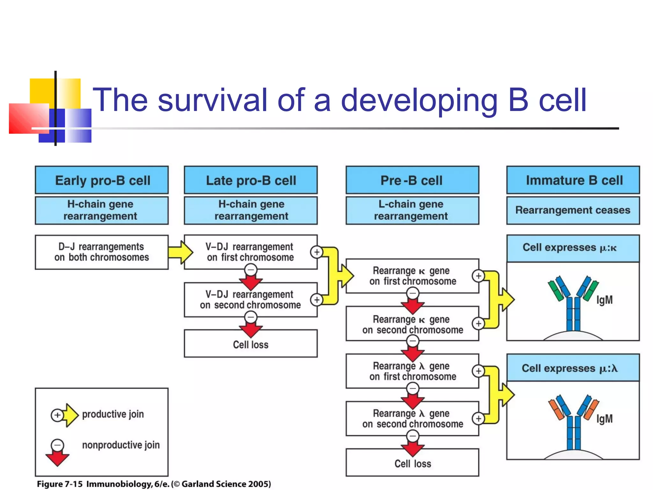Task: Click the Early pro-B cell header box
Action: point(102,180)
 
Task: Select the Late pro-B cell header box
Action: point(251,180)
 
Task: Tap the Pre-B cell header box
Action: point(412,180)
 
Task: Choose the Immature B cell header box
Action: point(573,180)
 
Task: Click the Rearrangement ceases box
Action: point(573,210)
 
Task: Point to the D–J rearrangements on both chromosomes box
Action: point(102,252)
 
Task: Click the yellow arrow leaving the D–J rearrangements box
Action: point(180,252)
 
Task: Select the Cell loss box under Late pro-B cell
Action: point(251,345)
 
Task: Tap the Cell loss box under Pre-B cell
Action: point(412,463)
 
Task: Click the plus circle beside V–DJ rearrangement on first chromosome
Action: point(317,252)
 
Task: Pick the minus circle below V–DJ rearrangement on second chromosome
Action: point(251,317)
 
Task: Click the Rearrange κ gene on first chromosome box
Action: point(412,276)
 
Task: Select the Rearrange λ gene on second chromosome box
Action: point(412,419)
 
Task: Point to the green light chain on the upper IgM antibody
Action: point(555,291)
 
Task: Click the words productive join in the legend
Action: point(113,414)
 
